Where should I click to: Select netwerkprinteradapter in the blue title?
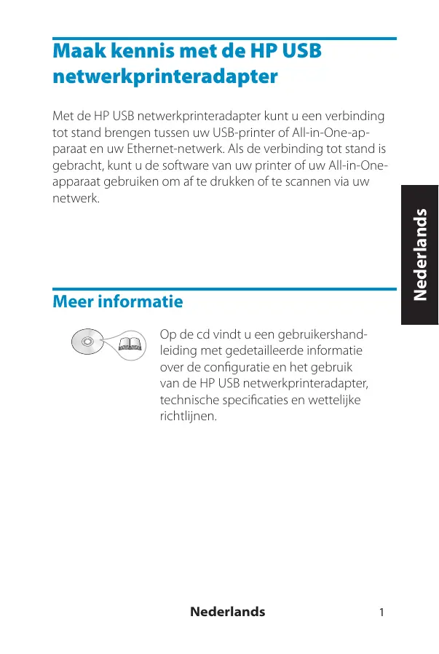coord(165,77)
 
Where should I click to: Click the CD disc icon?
coord(87,341)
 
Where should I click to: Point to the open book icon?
coord(130,344)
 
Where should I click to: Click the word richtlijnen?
coord(189,417)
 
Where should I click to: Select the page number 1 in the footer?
coord(381,612)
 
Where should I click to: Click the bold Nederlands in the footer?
coord(227,612)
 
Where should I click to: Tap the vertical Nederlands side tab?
coord(419,255)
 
